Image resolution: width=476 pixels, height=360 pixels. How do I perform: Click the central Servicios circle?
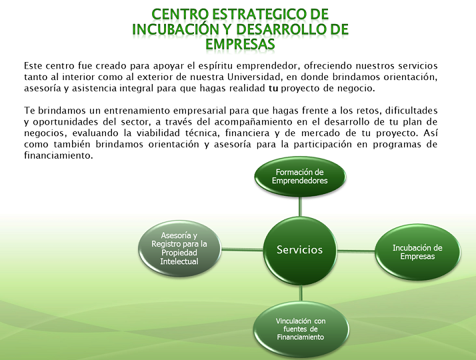coord(300,251)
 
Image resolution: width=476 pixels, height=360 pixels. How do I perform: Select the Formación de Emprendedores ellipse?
coord(300,177)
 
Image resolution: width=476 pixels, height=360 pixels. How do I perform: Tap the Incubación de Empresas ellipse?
coord(417,252)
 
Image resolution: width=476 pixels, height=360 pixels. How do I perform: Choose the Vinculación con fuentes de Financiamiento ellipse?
coord(301,329)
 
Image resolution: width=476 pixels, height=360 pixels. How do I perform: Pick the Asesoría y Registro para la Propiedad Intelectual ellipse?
coord(179,248)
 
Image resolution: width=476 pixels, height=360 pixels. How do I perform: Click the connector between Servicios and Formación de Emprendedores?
coord(300,207)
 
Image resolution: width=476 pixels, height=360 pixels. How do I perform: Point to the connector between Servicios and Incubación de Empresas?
coord(356,251)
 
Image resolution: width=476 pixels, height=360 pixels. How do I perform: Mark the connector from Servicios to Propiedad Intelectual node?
coord(242,250)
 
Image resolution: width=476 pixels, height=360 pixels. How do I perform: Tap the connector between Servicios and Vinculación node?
coord(301,293)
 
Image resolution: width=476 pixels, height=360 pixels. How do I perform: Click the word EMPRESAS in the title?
coord(240,44)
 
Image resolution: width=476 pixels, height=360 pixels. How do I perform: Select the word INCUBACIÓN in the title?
coord(175,29)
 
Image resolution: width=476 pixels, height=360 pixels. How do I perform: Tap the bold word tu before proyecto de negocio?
coord(273,88)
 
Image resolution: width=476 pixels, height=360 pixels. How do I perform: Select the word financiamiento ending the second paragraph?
coord(58,156)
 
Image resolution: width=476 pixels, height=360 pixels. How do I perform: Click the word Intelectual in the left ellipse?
coord(179,261)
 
